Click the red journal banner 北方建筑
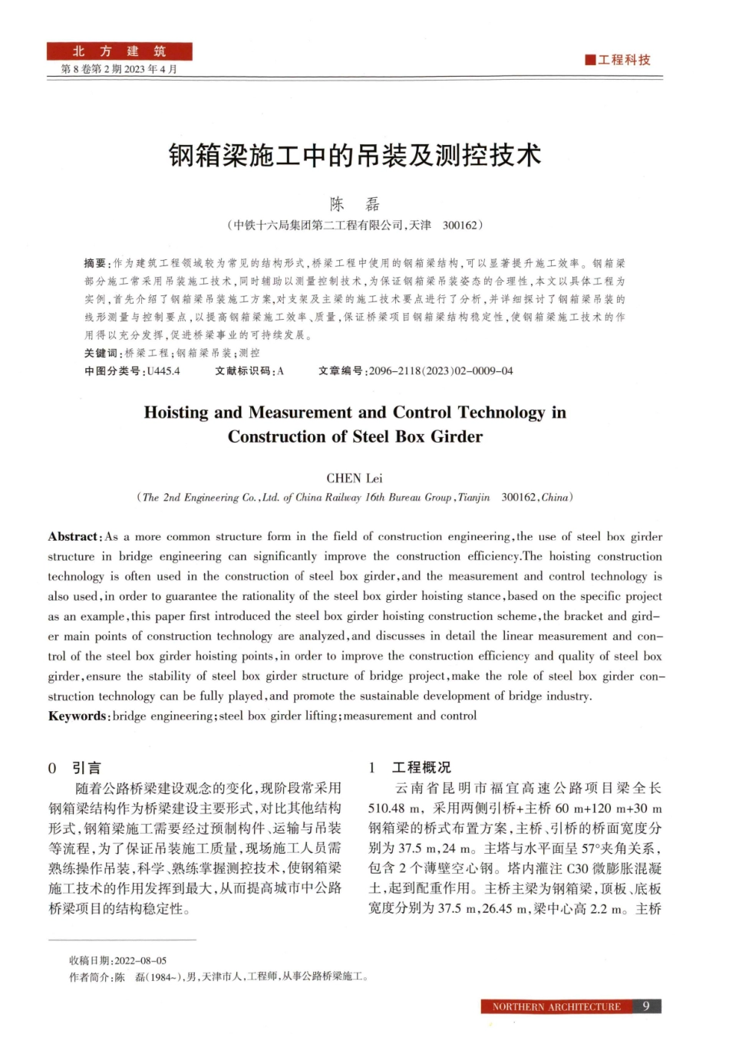click(119, 51)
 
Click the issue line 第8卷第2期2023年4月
click(119, 69)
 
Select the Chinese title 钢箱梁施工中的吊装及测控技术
click(355, 156)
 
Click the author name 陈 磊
click(355, 204)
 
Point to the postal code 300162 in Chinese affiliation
click(460, 226)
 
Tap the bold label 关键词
click(101, 353)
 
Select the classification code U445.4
click(163, 371)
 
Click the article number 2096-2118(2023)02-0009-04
click(440, 371)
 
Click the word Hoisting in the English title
click(176, 413)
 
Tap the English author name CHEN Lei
click(354, 478)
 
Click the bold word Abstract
click(74, 537)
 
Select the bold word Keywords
click(78, 716)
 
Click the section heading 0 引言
click(74, 768)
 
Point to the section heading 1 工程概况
click(410, 768)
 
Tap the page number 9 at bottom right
click(646, 1006)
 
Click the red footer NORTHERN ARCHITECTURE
click(556, 1007)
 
